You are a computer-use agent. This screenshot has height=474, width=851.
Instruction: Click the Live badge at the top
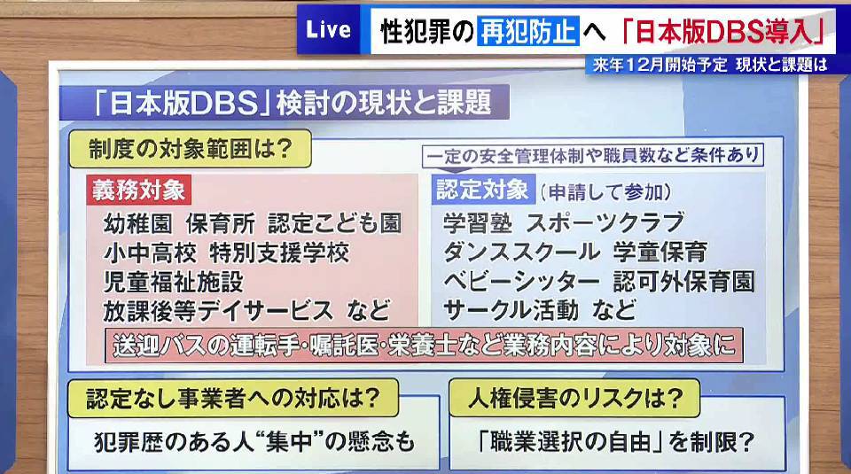point(328,29)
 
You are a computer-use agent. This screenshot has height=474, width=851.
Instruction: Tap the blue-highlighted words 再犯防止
point(527,30)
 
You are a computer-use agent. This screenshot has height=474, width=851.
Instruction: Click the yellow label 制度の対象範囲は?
point(191,149)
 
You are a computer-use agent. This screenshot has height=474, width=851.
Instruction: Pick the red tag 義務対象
point(138,190)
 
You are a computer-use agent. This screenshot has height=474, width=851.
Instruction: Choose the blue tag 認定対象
point(483,190)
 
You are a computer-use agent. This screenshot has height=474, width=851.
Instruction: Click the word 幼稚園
point(138,223)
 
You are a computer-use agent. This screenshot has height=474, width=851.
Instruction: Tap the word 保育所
point(221,223)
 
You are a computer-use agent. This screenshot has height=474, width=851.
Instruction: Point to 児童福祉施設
point(174,282)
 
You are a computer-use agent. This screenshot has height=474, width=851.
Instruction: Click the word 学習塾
point(478,223)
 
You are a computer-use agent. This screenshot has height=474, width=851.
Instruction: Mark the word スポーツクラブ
point(605,223)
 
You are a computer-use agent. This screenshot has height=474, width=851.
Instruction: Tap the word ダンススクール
point(521,253)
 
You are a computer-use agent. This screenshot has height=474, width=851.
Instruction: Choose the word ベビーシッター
point(521,282)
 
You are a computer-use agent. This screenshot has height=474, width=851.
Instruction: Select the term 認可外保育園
point(683,282)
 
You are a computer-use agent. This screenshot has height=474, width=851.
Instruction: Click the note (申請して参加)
point(605,191)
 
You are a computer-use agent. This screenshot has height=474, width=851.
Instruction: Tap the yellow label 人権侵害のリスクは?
point(574,399)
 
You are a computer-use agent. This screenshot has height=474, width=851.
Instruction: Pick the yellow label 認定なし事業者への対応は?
point(233,399)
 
